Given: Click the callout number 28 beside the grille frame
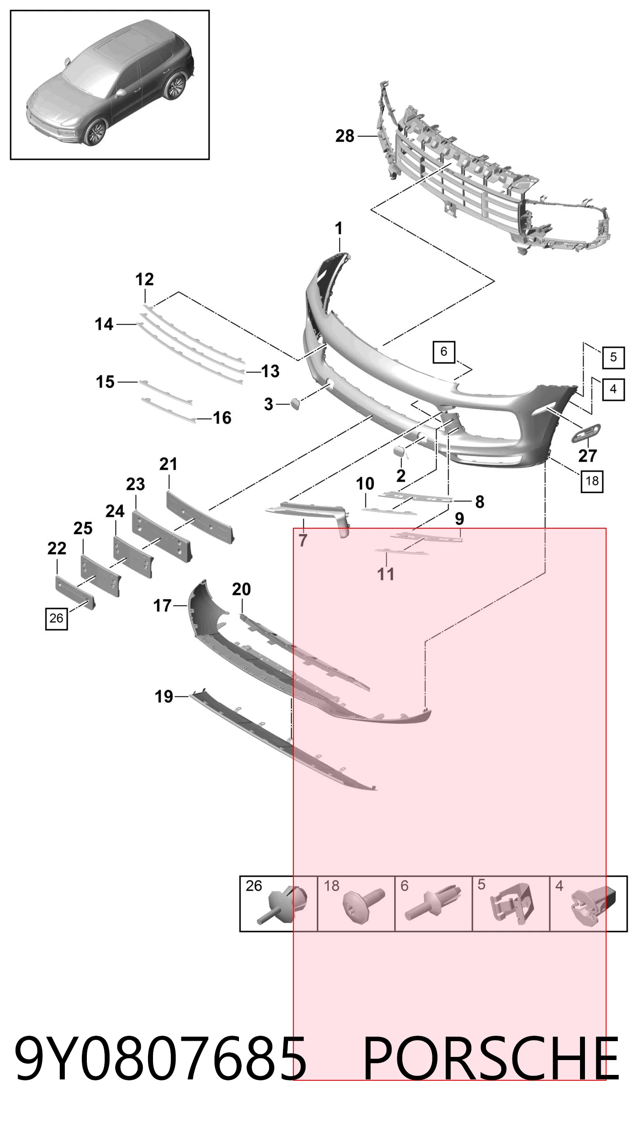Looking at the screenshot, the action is tap(345, 135).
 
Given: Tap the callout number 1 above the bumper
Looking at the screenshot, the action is tap(339, 229).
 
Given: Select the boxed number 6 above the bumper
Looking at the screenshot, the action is tap(444, 351).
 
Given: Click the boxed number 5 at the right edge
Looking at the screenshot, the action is tap(613, 358).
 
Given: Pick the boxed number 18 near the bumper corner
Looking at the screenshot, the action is tap(592, 481).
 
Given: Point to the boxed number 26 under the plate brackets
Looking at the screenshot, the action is tap(56, 618).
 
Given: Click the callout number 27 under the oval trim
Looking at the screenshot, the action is tap(588, 456).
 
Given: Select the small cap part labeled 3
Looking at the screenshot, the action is tap(295, 404).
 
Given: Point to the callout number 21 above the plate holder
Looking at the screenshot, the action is tap(168, 464).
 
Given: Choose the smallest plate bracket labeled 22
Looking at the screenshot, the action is tap(74, 592).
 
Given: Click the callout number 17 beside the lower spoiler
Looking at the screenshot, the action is tap(162, 606).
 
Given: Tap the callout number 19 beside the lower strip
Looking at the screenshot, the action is tap(164, 697).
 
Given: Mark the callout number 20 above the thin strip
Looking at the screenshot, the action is tap(241, 589).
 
